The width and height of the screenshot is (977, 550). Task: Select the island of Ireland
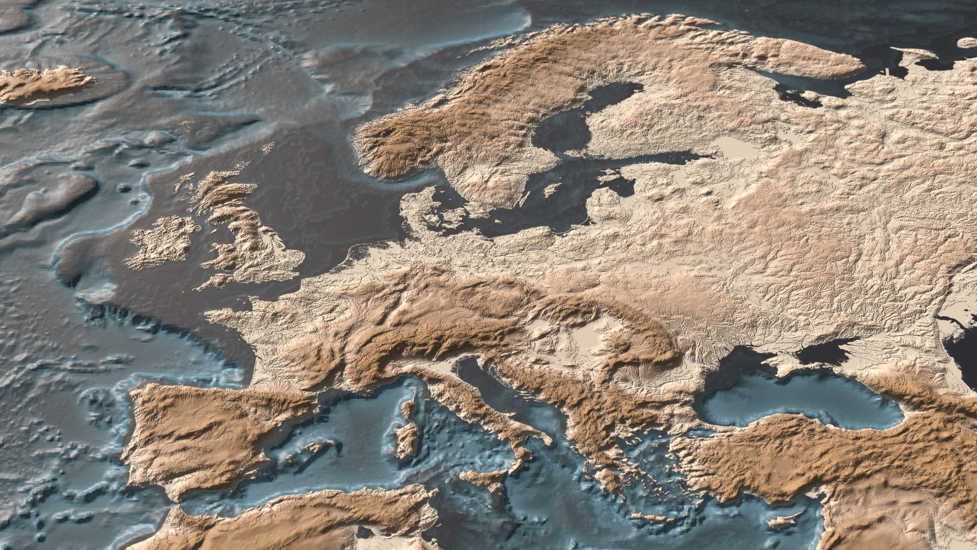click(x=163, y=242)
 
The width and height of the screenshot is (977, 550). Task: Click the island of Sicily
click(x=483, y=479)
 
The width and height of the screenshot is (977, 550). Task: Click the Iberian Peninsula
click(x=204, y=433)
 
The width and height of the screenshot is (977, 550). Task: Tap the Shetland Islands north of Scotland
click(x=267, y=148)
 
